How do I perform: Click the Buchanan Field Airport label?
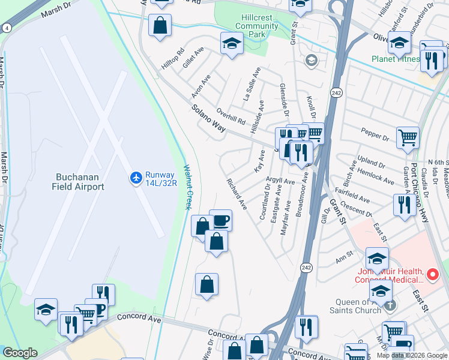80,182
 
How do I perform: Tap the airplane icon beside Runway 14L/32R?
135,178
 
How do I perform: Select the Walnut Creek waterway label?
187,188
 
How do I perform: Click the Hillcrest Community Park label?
257,26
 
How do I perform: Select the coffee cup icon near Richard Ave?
220,221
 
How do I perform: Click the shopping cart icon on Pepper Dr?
408,137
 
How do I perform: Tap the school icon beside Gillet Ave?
231,43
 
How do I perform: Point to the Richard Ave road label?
237,193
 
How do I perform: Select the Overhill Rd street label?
231,116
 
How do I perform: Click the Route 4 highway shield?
6,28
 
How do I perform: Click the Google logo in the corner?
20,353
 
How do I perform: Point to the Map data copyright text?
412,355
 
